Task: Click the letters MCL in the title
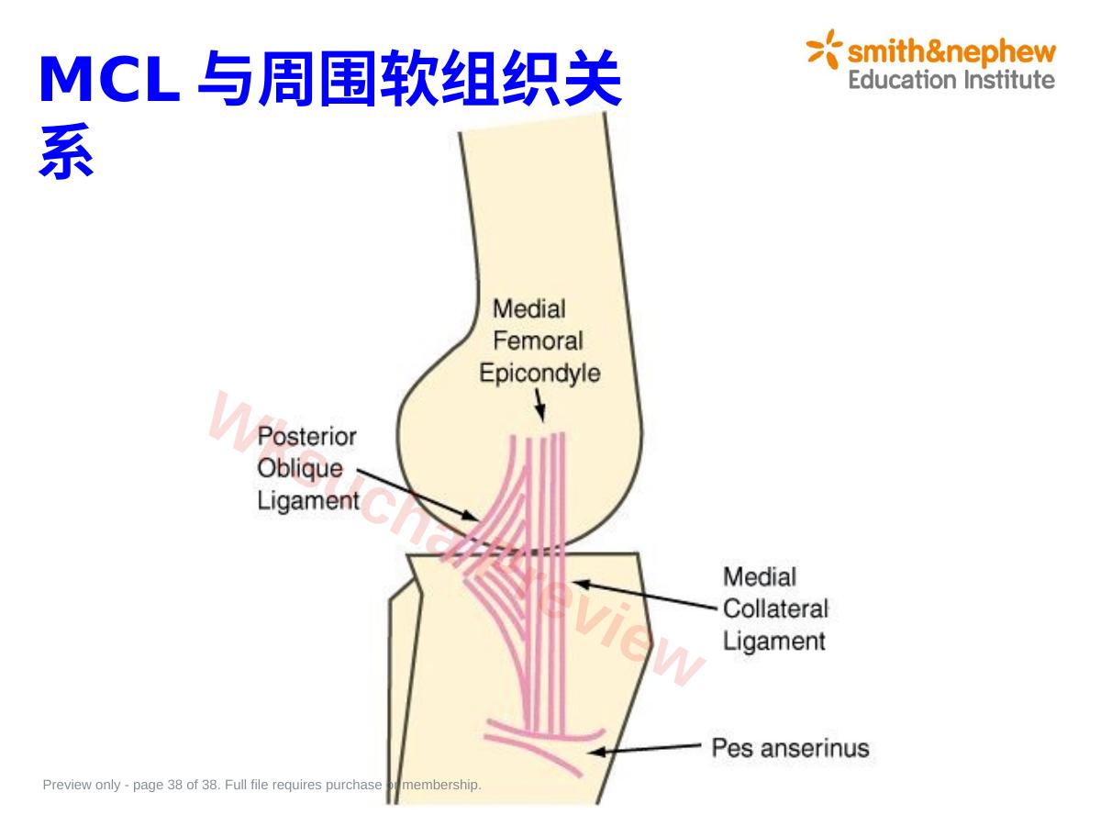[109, 79]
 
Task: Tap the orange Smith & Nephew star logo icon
[824, 49]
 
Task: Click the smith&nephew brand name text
[951, 52]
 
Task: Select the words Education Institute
[951, 80]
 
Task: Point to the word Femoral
[538, 341]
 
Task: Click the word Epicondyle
[539, 374]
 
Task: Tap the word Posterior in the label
[307, 436]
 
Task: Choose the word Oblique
[300, 468]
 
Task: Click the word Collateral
[775, 608]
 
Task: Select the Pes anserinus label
[790, 748]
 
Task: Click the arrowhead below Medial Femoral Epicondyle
[540, 413]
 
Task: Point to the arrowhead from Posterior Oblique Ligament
[470, 515]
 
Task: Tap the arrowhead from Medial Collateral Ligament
[582, 585]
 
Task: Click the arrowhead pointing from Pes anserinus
[597, 752]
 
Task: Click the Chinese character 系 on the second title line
[66, 151]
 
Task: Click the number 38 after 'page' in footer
[175, 785]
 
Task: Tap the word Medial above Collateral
[760, 576]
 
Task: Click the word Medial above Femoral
[529, 309]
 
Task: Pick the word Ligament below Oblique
[308, 500]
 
